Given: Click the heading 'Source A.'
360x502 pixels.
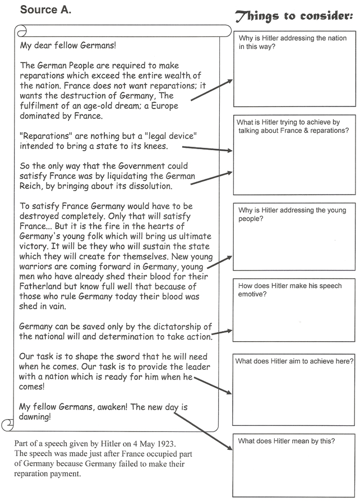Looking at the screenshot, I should (45, 9).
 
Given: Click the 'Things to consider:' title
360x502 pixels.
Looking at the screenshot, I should (293, 16).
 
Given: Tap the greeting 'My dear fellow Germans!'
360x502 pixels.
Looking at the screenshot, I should (68, 45).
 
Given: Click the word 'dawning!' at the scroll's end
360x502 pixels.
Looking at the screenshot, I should (38, 417).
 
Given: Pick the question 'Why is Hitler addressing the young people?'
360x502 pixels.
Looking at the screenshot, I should (292, 214).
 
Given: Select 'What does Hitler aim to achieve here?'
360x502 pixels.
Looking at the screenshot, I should (294, 361).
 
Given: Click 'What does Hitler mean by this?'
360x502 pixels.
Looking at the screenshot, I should (287, 441).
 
